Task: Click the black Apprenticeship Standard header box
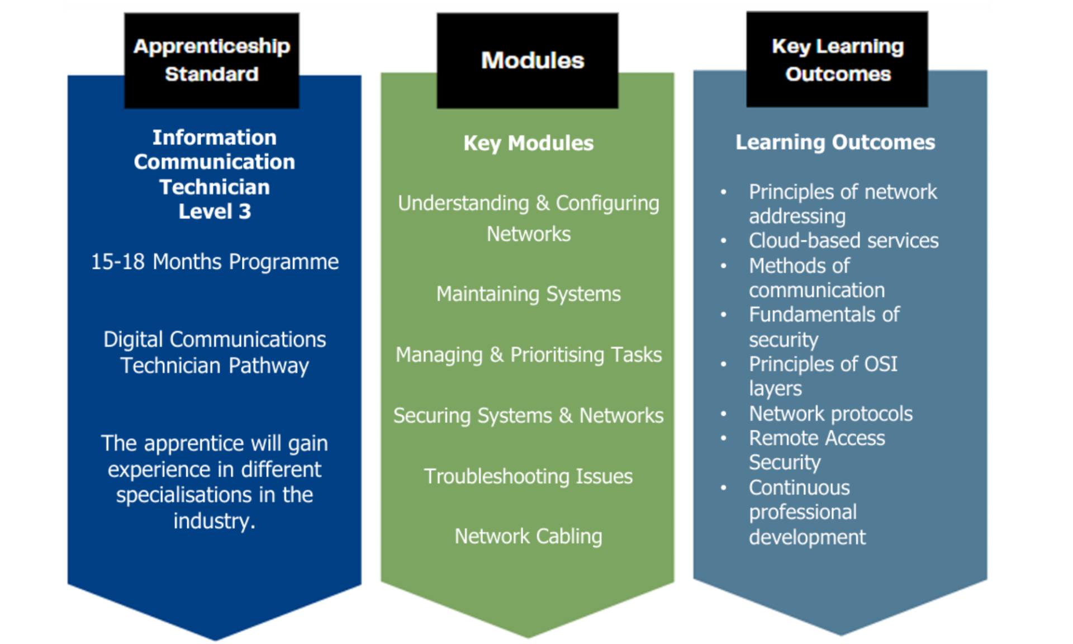tap(211, 60)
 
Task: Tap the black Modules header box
tap(527, 60)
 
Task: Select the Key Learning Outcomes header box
tap(837, 59)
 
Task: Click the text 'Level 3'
tap(215, 211)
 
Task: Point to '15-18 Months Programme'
tap(215, 262)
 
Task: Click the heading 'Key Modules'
tap(528, 143)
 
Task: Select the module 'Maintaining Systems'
tap(528, 294)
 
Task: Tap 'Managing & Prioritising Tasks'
tap(528, 354)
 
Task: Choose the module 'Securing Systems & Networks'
tap(528, 415)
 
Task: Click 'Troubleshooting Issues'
tap(528, 476)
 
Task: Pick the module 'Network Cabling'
tap(528, 536)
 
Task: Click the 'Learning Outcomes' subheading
tap(835, 142)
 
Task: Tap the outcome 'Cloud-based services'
tap(843, 240)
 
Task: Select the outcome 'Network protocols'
tap(830, 414)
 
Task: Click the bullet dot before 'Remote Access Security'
tap(724, 438)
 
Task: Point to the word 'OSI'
tap(881, 364)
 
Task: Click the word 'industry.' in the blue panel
tap(215, 521)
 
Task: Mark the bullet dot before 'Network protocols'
tap(724, 414)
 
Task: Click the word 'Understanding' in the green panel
tap(463, 203)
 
